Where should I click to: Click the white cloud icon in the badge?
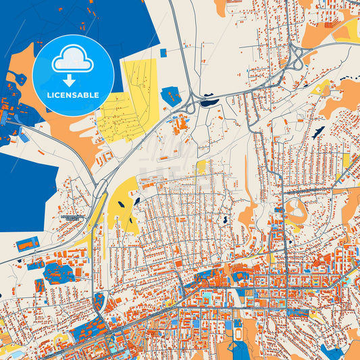(73, 59)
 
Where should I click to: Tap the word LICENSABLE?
(73, 95)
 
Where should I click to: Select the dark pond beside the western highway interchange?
(209, 103)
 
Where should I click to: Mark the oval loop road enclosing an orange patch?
(294, 209)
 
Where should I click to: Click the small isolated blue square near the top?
(163, 52)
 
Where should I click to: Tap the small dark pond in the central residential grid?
(223, 220)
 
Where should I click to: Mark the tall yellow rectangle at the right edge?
(346, 160)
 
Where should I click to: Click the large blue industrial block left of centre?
(59, 272)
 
